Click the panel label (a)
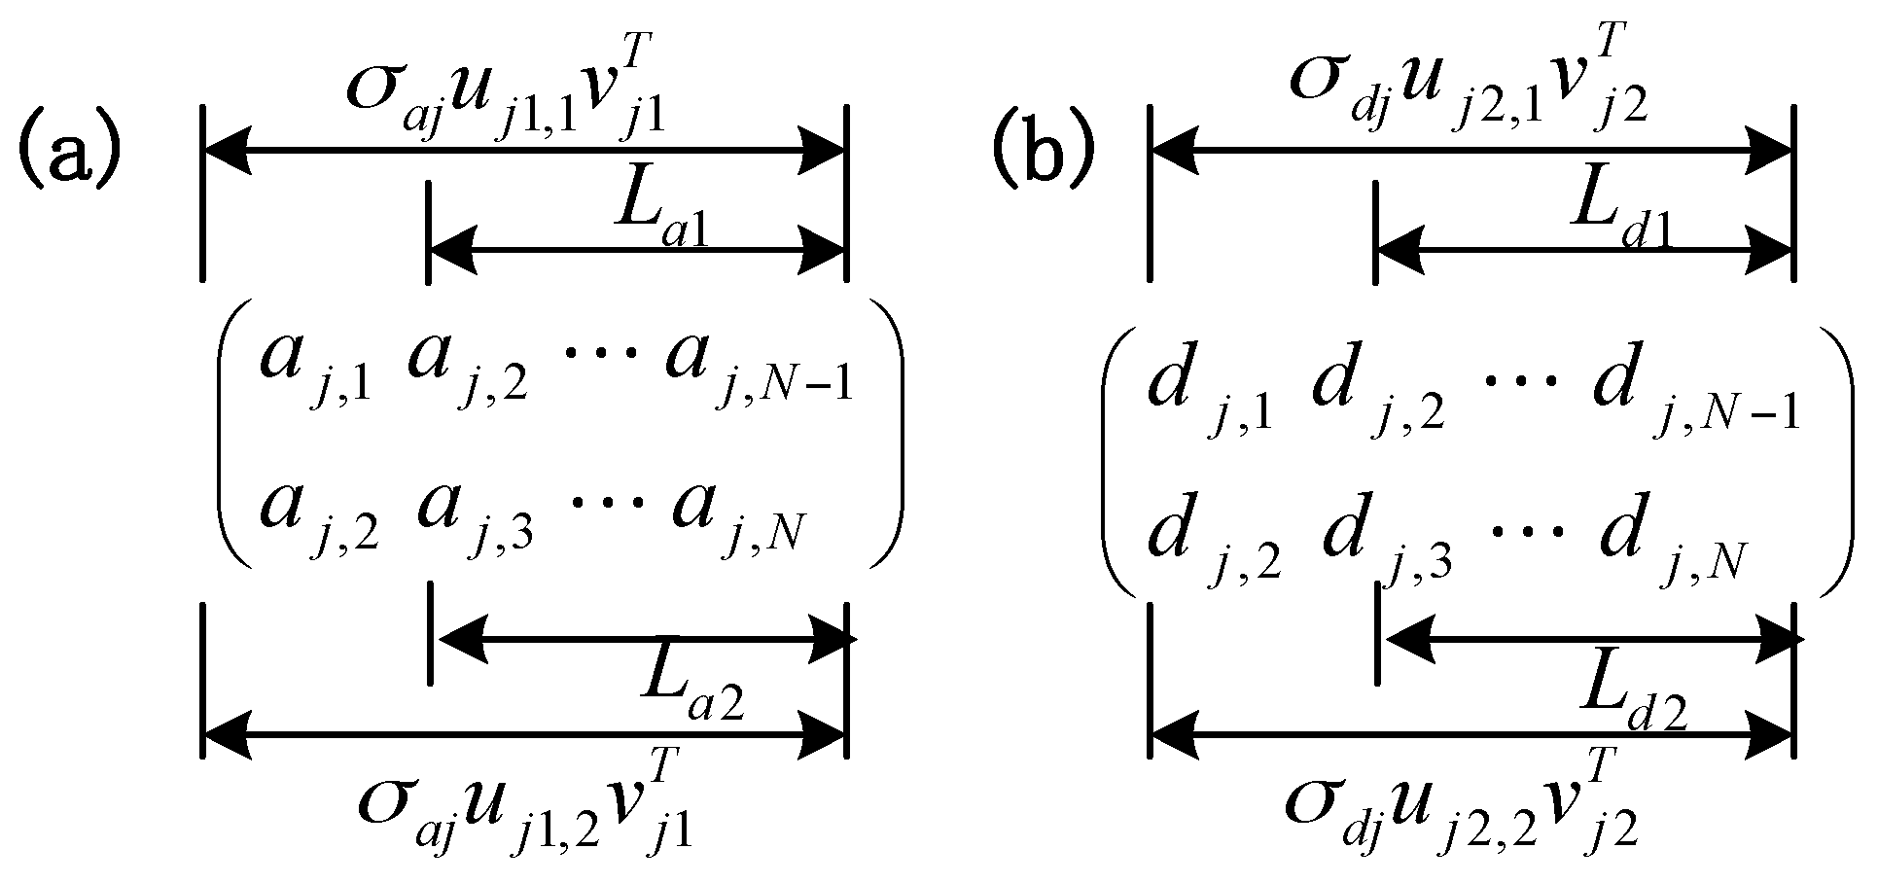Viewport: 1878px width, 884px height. [x=67, y=156]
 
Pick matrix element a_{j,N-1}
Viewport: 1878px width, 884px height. [x=758, y=370]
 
